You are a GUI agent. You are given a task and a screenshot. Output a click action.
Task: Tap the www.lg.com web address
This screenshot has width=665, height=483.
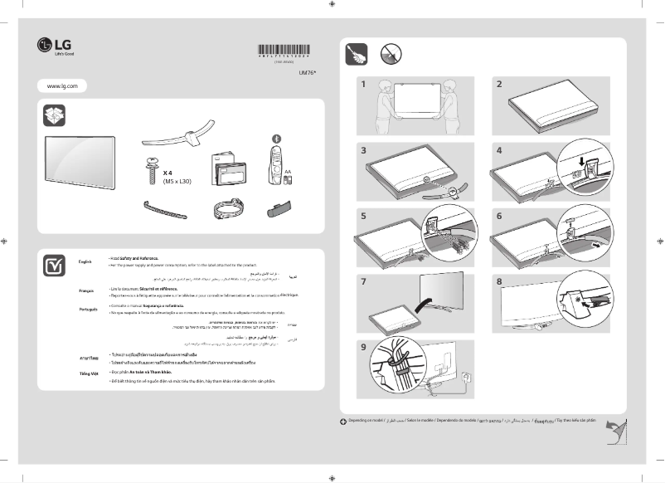point(62,85)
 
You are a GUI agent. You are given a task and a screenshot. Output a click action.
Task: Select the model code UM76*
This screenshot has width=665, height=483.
point(308,72)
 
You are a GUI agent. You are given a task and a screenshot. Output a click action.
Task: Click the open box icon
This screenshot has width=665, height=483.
point(54,115)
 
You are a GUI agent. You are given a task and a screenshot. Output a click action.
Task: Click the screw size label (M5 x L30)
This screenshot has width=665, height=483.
point(177,181)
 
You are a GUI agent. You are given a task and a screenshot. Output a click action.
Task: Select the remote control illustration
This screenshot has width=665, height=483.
point(276,163)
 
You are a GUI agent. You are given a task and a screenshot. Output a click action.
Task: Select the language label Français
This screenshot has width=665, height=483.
point(86,292)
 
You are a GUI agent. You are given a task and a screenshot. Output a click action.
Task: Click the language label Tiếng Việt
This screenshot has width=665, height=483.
point(87,374)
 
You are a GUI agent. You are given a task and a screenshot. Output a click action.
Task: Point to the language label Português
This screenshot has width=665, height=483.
point(87,309)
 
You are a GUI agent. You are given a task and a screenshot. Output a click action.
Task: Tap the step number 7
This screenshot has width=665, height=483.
point(363,281)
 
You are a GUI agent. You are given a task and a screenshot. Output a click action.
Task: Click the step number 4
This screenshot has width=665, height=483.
point(499,150)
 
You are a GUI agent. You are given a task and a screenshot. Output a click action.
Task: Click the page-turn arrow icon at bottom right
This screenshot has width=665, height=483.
point(614,432)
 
